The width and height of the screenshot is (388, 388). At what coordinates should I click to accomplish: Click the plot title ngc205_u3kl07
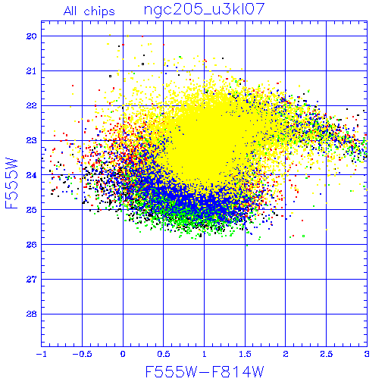tap(204, 10)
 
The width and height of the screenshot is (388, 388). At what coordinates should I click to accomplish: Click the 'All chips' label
tap(89, 11)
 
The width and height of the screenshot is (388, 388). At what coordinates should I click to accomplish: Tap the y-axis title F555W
tap(11, 183)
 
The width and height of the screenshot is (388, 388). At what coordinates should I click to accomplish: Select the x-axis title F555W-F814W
tap(205, 371)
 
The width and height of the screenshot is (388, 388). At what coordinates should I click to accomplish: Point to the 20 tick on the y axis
tap(32, 36)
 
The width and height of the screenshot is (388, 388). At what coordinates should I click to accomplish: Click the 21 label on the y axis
tap(32, 71)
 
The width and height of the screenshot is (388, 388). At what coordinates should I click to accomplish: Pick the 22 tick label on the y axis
tap(32, 106)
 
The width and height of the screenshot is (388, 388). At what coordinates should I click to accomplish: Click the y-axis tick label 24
tap(32, 175)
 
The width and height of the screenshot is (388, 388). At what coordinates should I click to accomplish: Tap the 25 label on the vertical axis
tap(32, 210)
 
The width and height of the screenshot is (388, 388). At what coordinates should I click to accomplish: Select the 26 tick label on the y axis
tap(32, 245)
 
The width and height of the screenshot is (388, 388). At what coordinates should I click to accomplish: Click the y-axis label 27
tap(32, 280)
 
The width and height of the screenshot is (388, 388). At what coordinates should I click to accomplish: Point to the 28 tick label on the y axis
tap(32, 314)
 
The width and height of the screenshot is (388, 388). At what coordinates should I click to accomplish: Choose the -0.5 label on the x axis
tap(82, 354)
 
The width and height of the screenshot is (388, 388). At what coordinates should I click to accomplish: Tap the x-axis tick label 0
tap(123, 354)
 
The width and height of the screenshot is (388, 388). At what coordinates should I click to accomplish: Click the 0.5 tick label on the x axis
tap(164, 354)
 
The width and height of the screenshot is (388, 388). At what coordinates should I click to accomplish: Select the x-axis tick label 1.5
tap(245, 354)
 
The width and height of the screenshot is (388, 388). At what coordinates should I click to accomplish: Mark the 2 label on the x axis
tap(286, 354)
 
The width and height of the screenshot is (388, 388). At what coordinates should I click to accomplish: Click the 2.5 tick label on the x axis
tap(327, 354)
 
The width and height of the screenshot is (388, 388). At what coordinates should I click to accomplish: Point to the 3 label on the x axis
tap(367, 354)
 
